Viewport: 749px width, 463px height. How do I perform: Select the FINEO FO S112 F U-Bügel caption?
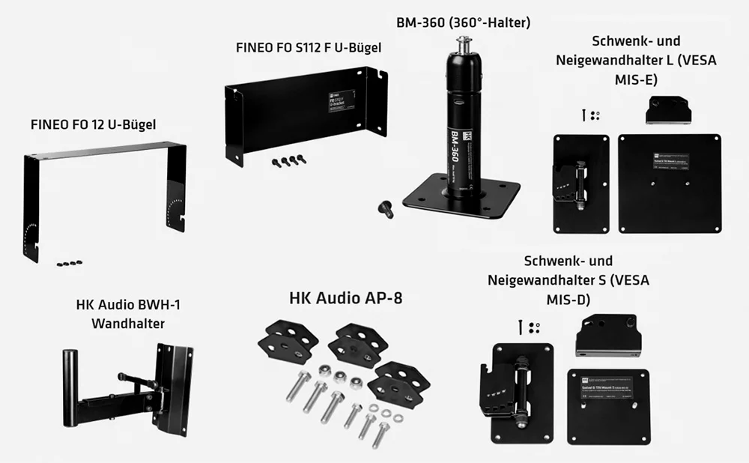309,47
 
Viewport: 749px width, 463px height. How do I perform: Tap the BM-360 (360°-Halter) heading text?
463,22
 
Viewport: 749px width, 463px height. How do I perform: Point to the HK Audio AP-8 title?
345,298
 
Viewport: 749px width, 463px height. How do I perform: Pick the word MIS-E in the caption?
636,79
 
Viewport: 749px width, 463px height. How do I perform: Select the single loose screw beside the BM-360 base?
386,208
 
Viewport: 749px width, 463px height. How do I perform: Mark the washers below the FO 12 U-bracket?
69,263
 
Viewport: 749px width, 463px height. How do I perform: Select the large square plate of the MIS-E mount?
669,184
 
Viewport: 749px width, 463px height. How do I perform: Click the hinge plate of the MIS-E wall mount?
580,184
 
